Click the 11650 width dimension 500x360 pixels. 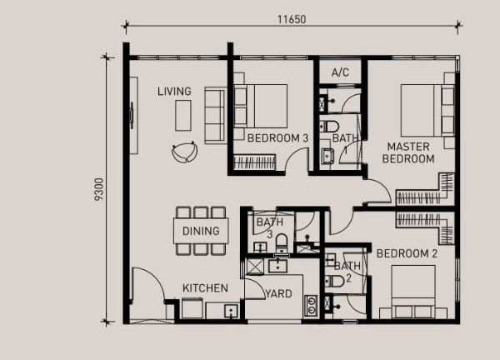click(x=292, y=19)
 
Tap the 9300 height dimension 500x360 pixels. click(x=99, y=189)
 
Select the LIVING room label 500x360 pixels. click(x=174, y=92)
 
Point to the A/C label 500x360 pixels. click(x=340, y=72)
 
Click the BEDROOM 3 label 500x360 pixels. click(x=277, y=138)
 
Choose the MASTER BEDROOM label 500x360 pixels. click(x=408, y=152)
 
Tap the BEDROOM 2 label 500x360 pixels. click(x=407, y=254)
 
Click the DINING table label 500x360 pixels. click(x=201, y=231)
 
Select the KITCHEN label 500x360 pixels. click(x=205, y=288)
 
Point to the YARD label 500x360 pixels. click(x=278, y=293)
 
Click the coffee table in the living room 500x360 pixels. click(x=183, y=116)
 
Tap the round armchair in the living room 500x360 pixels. click(x=184, y=152)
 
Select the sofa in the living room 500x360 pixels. click(x=215, y=116)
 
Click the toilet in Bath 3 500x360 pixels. click(x=282, y=243)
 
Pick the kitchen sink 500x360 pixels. click(x=231, y=310)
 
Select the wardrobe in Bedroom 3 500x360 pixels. click(x=254, y=162)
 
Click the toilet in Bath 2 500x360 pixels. click(x=334, y=281)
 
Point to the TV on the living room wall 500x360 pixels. click(x=132, y=116)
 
